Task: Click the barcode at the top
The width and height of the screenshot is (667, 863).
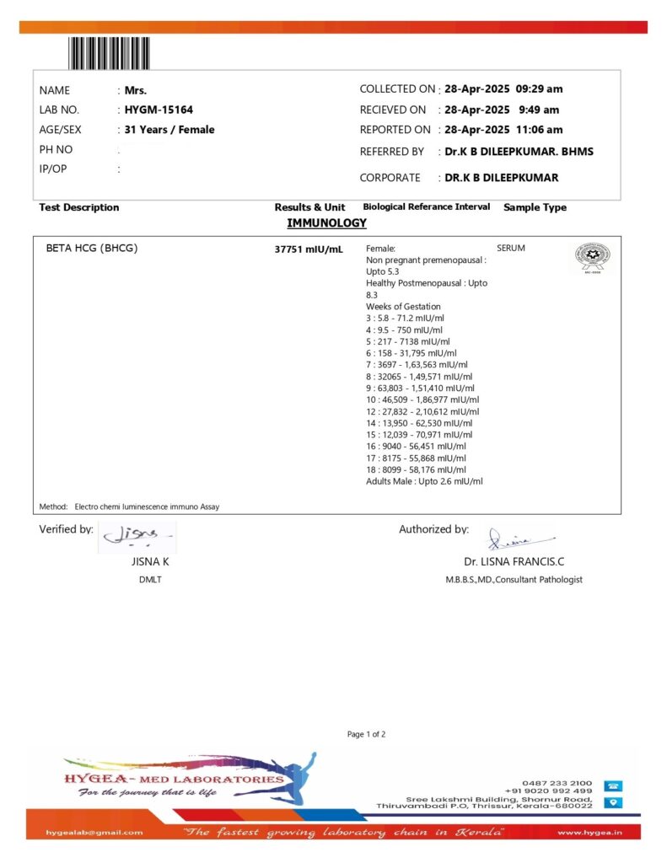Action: pos(110,53)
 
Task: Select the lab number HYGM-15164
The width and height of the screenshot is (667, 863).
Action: pos(159,110)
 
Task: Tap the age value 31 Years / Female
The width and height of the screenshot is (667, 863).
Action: pos(169,130)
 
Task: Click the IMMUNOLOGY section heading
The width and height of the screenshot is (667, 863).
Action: pos(326,223)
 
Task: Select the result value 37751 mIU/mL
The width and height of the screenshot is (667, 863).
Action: pos(309,249)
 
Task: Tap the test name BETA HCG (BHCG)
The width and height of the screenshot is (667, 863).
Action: pos(91,249)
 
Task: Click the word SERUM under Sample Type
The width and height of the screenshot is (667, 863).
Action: pos(511,249)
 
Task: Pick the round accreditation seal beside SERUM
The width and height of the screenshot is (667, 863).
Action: pos(592,257)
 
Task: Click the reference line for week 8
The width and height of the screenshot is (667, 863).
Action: pos(419,377)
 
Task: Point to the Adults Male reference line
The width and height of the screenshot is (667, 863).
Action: pos(424,481)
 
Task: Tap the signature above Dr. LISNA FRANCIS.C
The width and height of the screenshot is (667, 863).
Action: pos(511,537)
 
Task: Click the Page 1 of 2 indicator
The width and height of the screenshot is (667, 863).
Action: pos(366,734)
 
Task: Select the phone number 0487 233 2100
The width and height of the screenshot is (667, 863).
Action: pos(557,782)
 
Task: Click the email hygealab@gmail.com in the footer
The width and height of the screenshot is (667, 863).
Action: pos(95,833)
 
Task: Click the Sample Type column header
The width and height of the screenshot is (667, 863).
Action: pos(535,207)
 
